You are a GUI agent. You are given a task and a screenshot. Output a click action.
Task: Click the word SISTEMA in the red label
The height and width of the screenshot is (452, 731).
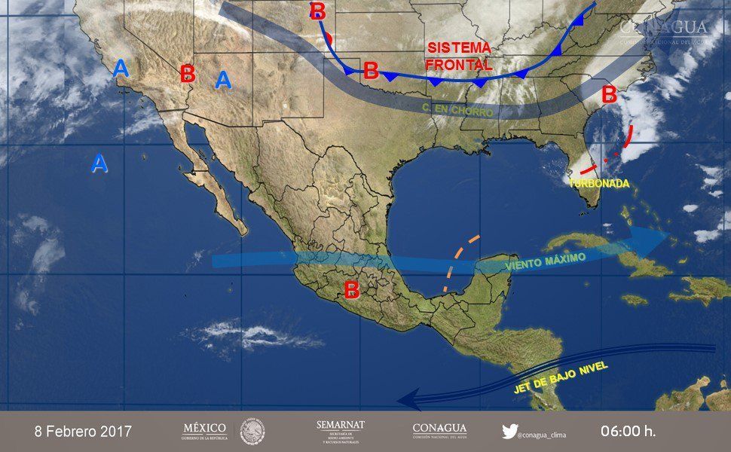(459, 47)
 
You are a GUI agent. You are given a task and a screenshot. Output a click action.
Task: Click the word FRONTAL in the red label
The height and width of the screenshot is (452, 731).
(459, 65)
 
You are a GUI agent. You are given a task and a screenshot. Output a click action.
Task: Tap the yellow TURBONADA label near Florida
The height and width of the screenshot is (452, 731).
(600, 184)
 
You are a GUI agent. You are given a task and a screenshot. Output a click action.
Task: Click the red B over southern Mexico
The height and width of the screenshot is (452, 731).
(351, 289)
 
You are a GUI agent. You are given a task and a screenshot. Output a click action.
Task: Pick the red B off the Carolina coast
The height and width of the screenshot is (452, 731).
(609, 96)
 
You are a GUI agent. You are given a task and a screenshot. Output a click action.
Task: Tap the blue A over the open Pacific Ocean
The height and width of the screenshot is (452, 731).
(99, 163)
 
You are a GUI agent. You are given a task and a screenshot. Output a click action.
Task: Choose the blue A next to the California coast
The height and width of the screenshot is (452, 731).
(121, 69)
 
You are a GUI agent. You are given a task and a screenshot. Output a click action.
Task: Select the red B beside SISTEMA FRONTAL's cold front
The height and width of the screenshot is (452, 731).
(371, 72)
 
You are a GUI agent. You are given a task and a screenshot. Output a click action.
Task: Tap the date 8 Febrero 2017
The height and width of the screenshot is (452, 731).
(83, 432)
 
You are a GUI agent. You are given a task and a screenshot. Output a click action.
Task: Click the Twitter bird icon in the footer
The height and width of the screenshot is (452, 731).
(510, 432)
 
